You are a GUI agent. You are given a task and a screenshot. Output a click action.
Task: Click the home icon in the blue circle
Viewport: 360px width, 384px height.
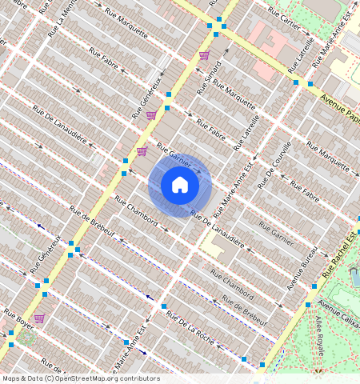pos(180,186)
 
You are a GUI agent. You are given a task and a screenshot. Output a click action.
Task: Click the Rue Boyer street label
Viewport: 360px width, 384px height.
pos(19,318)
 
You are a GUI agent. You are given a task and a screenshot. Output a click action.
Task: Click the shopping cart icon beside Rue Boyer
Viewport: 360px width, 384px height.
pos(39,318)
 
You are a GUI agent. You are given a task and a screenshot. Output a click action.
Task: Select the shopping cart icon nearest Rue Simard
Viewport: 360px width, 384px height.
pos(204,55)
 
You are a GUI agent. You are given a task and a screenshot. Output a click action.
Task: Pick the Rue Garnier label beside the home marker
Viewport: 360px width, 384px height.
pos(173,155)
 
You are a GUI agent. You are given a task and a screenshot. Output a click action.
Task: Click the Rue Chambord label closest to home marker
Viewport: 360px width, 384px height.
pos(136,210)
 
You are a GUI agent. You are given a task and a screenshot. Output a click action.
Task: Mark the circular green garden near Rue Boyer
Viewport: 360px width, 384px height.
pos(28,337)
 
